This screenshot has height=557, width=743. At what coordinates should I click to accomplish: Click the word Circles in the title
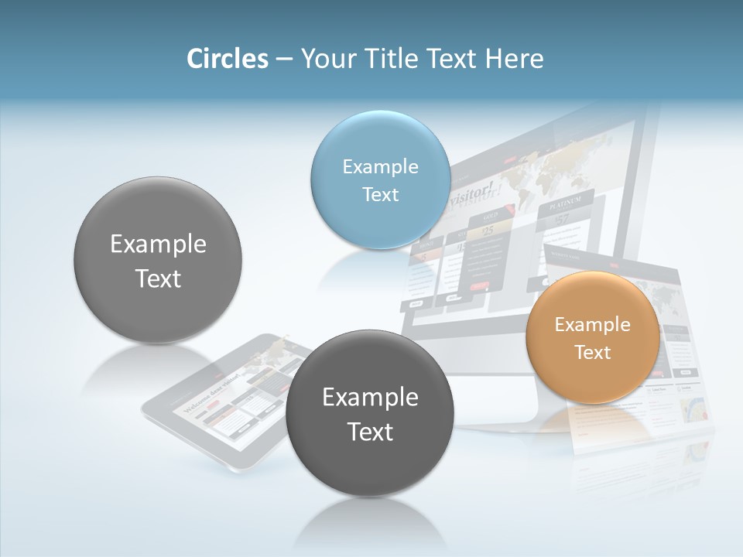click(x=228, y=59)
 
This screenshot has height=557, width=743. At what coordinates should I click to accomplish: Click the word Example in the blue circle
click(x=380, y=166)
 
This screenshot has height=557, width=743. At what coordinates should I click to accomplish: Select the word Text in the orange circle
click(x=593, y=353)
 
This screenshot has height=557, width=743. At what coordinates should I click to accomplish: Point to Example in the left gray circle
click(x=158, y=244)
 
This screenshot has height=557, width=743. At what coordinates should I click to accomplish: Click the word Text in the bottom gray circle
click(x=370, y=432)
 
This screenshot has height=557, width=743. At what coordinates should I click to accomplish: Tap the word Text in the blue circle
click(x=380, y=194)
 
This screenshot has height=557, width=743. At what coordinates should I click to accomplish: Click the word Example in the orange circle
click(x=592, y=325)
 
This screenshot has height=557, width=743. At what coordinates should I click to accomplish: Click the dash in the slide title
click(x=283, y=59)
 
